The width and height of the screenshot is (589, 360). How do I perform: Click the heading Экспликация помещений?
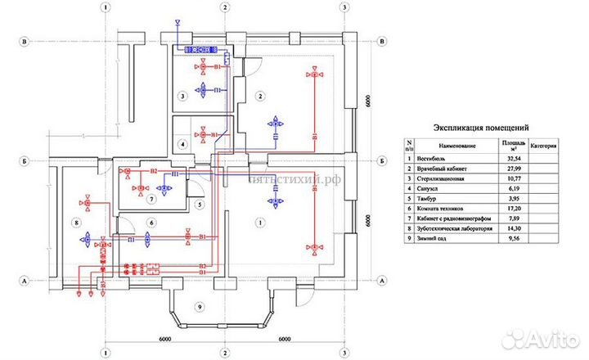482,128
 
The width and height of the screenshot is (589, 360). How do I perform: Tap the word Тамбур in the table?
431,199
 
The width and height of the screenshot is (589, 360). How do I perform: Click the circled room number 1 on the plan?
259,223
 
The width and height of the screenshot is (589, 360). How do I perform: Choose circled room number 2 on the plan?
259,97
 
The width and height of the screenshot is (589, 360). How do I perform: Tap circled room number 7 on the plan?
151,199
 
